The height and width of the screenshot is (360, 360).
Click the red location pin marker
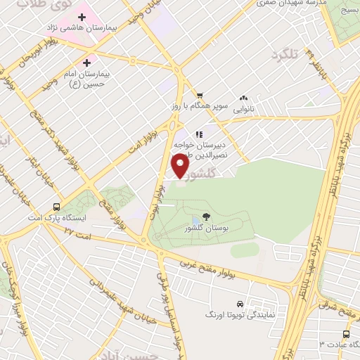coord(181,166)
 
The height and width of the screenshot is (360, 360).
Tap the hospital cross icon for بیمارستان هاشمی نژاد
coord(82,16)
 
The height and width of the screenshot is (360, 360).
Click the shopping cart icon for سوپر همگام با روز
coord(200,95)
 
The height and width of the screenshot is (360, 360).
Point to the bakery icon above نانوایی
coord(244,98)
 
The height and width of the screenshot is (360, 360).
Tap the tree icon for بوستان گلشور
coord(206,217)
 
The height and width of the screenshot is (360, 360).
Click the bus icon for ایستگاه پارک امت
coord(56,207)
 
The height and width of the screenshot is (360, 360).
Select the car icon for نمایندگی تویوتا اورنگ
coord(240,304)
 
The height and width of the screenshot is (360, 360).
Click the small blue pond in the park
coord(195,221)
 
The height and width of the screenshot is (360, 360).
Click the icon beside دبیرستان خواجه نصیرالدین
coord(199,133)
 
